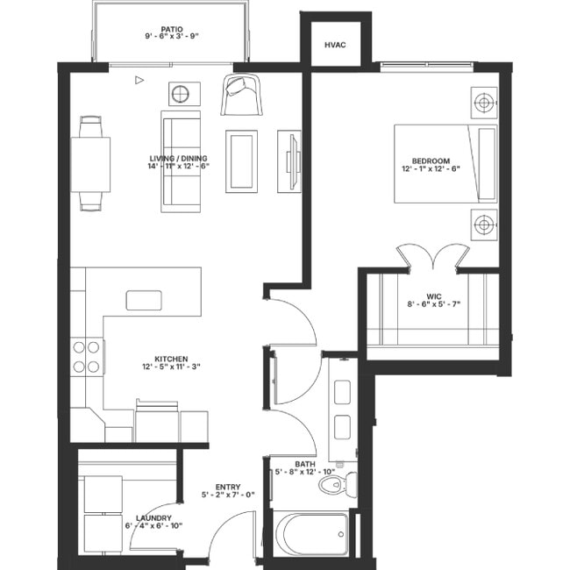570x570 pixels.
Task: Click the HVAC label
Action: [x=333, y=44]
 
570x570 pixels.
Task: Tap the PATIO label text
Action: [x=172, y=29]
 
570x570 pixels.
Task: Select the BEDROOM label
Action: [x=431, y=161]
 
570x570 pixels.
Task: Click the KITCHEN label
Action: [x=172, y=360]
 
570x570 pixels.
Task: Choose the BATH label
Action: [x=305, y=465]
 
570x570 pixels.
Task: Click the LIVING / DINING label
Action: [x=180, y=160]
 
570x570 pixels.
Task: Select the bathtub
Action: [x=311, y=533]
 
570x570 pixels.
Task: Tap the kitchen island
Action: [x=151, y=300]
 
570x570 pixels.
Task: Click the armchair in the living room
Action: [x=242, y=94]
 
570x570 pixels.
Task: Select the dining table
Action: [x=94, y=164]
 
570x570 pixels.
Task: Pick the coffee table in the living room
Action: [x=241, y=160]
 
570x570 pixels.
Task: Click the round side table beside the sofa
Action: [x=184, y=94]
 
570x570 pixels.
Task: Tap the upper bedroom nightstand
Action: [x=483, y=103]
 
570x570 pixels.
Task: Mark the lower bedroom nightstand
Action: [x=483, y=225]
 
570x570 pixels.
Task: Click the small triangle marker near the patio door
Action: [x=139, y=80]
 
